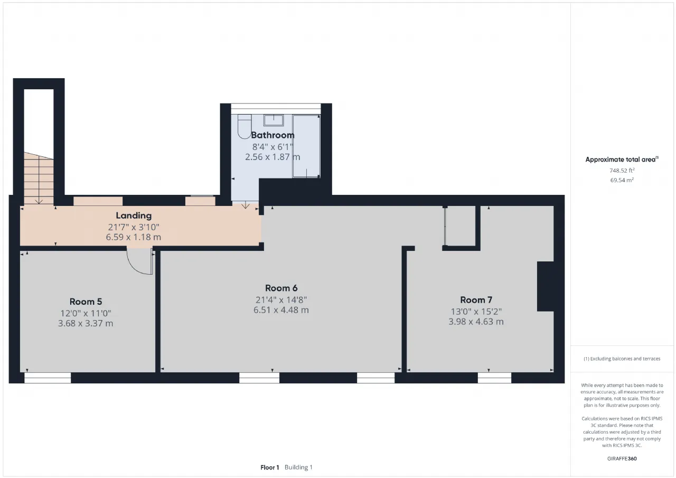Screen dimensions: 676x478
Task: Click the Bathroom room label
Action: (x=273, y=135)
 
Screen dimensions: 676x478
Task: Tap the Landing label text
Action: (x=134, y=215)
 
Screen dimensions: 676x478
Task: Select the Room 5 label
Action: (x=86, y=302)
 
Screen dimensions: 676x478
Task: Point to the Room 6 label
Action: (x=281, y=288)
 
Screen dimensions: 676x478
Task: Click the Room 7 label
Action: (x=476, y=299)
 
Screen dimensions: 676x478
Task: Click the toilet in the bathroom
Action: (x=245, y=127)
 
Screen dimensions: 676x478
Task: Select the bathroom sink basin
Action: (x=274, y=120)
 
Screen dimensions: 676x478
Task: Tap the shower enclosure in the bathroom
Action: (x=306, y=146)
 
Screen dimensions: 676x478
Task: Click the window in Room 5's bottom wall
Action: (x=48, y=378)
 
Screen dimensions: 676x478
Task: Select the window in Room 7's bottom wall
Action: (x=494, y=378)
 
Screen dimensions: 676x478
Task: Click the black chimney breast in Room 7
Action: (x=546, y=286)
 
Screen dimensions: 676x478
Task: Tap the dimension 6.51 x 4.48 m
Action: (x=281, y=310)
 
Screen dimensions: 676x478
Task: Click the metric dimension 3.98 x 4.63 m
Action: (x=476, y=322)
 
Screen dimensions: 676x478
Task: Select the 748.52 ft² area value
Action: (x=622, y=171)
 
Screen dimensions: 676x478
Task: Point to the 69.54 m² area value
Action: (x=622, y=180)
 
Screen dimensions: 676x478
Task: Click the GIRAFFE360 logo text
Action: (x=622, y=458)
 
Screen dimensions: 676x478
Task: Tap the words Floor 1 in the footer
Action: (x=270, y=467)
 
